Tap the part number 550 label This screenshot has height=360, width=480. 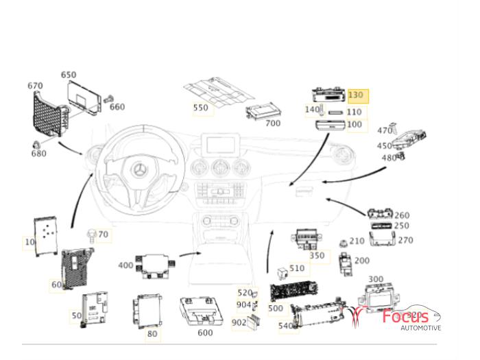tap(200, 108)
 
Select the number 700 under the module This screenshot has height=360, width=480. tap(272, 123)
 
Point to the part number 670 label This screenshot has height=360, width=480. tap(35, 86)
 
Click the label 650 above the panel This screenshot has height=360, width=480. tap(69, 75)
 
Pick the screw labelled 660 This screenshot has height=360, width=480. tap(108, 101)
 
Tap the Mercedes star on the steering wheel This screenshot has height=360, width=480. tap(141, 169)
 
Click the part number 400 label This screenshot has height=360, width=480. tap(125, 265)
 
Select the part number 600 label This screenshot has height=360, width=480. tap(204, 333)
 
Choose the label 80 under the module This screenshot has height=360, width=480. tap(152, 335)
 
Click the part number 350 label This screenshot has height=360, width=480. tap(317, 256)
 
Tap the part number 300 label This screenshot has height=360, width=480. tap(376, 279)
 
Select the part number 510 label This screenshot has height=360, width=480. tap(297, 268)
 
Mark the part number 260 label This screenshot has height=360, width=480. tap(402, 215)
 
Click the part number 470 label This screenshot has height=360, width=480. tap(385, 130)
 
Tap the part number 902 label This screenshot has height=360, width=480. tap(239, 322)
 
